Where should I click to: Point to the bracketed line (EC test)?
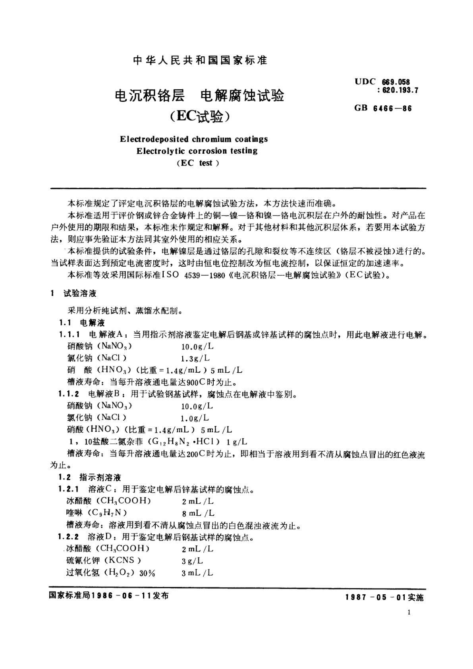click(197, 163)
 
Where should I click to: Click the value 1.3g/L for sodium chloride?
click(195, 358)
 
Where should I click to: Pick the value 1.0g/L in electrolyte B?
click(195, 418)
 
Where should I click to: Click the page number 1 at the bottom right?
click(409, 624)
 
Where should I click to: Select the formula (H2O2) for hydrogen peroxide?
click(119, 573)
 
